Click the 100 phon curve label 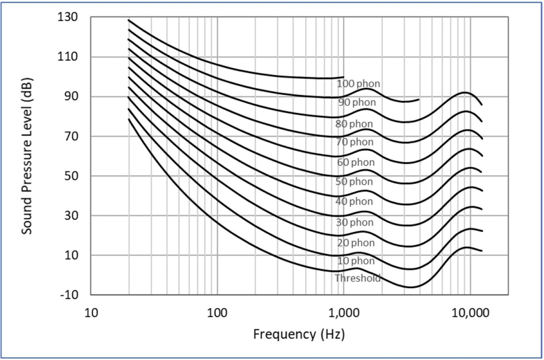[x=358, y=84]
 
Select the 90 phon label [x=357, y=103]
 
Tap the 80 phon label [x=354, y=123]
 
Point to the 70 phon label [x=355, y=142]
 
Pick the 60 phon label [x=355, y=162]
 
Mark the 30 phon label [x=355, y=222]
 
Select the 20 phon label [x=355, y=243]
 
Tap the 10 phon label [x=355, y=261]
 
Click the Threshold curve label [x=357, y=278]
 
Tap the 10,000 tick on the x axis [x=470, y=313]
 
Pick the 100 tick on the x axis [x=217, y=313]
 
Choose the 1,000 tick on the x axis [x=343, y=313]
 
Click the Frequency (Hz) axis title [x=299, y=334]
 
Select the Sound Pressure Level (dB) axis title [x=26, y=156]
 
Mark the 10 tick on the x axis [x=91, y=313]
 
